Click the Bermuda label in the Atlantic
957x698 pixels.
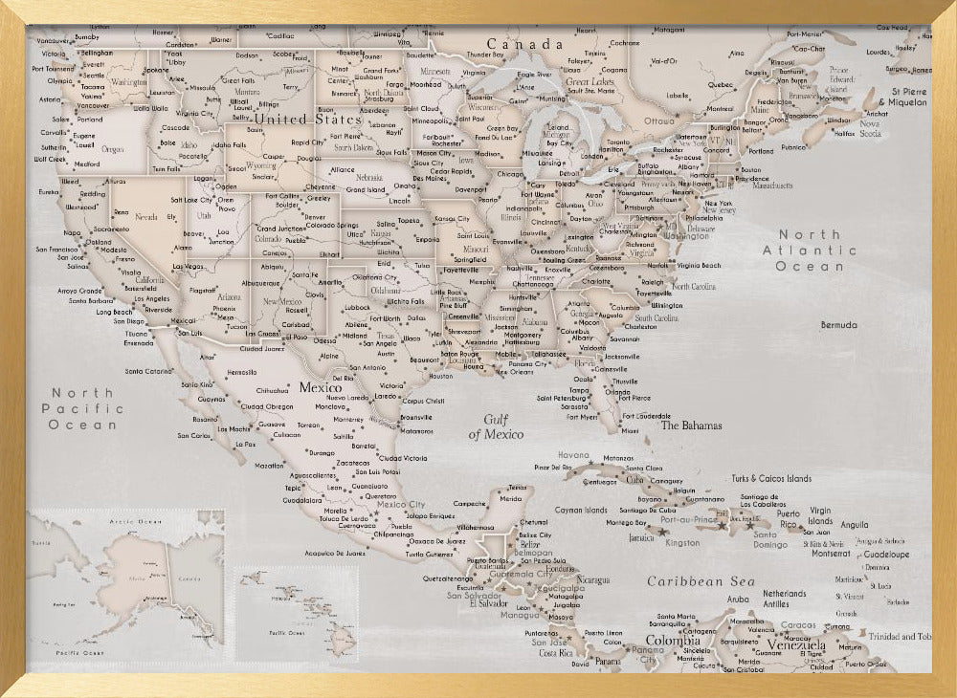click(839, 325)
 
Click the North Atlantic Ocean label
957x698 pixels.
click(809, 251)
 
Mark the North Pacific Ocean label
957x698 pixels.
click(82, 408)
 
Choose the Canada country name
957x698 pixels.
click(524, 44)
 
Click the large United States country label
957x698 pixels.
click(307, 120)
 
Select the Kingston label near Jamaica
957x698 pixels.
click(682, 542)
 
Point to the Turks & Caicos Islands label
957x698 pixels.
click(770, 478)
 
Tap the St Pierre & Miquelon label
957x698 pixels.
click(903, 96)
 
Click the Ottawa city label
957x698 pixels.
click(659, 121)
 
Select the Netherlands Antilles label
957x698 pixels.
click(784, 599)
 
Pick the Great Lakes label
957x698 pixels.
click(590, 82)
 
